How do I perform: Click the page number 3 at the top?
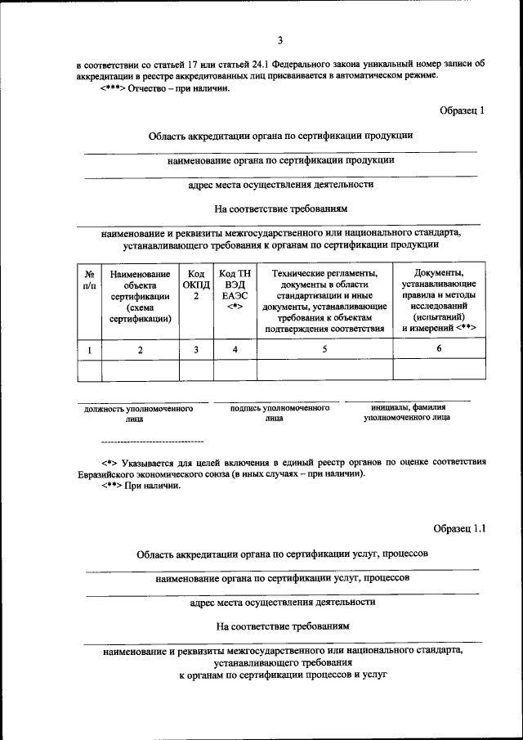(279, 40)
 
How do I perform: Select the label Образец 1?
(461, 110)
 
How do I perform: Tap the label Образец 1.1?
(459, 529)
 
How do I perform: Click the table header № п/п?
(89, 280)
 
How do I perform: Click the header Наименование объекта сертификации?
(140, 296)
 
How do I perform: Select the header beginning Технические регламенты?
(324, 300)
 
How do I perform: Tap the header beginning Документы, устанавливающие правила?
(439, 299)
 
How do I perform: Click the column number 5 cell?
(324, 349)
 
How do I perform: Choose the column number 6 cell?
(439, 349)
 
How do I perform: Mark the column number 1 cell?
(89, 350)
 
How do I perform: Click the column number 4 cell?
(235, 350)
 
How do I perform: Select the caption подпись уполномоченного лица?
(274, 412)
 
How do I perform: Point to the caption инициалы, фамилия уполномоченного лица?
(407, 411)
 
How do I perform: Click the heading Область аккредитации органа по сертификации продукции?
(281, 136)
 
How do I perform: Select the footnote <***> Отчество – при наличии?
(160, 89)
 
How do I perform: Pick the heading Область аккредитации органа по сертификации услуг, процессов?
(282, 554)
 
